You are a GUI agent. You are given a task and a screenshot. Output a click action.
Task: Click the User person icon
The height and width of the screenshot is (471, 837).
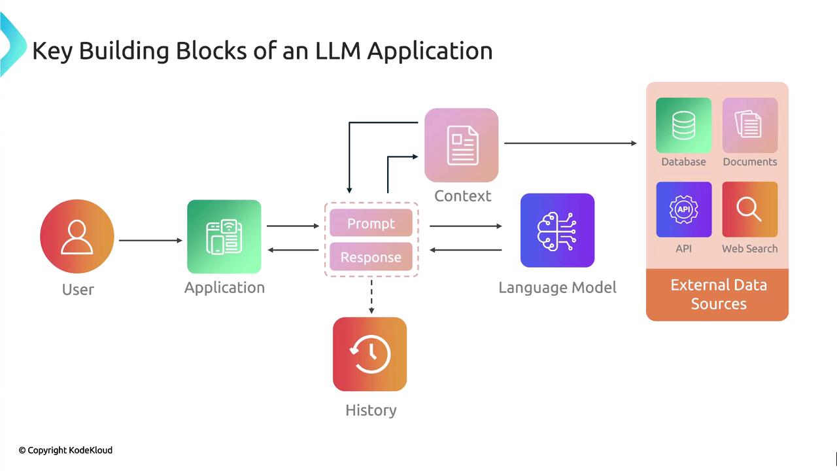tap(77, 237)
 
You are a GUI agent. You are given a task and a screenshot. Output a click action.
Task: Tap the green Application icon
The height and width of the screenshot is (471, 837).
tap(224, 237)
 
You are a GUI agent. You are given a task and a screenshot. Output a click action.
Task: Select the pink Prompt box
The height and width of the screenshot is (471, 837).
tap(371, 224)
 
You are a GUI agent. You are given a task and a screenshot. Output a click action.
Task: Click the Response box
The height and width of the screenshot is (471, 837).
tap(371, 257)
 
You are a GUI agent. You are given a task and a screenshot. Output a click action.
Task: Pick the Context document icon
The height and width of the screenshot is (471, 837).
tap(462, 145)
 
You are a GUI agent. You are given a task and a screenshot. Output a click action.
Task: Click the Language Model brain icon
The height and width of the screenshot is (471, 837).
tap(557, 230)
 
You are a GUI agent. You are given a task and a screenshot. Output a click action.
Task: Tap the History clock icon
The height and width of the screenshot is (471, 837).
tap(370, 354)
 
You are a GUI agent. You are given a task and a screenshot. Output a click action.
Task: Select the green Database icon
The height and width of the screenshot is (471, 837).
tap(683, 125)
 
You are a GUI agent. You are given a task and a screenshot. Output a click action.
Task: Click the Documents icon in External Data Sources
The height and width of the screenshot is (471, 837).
tap(749, 125)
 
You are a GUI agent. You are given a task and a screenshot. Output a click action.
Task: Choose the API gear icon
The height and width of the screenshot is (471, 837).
tap(683, 209)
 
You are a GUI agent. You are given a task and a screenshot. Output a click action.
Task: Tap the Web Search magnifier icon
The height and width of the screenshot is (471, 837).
tap(749, 209)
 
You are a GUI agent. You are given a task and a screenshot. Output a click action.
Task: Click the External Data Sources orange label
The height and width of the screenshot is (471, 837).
tap(717, 294)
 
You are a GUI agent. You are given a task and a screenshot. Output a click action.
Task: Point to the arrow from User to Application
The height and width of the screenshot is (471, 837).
tap(150, 240)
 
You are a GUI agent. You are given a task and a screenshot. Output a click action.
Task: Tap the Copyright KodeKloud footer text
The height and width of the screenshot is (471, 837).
tap(65, 450)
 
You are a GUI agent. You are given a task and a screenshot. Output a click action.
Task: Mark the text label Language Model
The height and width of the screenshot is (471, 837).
tap(557, 288)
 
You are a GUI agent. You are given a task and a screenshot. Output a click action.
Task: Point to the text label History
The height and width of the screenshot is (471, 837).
tap(371, 410)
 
